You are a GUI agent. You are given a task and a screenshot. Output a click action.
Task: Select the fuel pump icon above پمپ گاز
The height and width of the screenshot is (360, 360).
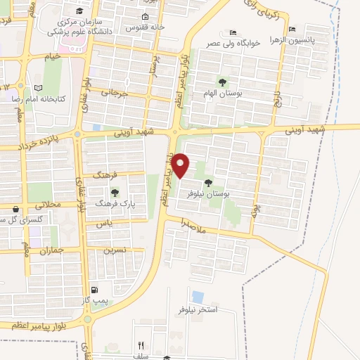[94, 290]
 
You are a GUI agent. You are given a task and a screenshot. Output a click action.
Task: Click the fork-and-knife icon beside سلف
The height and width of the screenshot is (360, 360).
[141, 345]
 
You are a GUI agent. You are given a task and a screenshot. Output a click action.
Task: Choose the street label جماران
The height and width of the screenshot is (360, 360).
[52, 250]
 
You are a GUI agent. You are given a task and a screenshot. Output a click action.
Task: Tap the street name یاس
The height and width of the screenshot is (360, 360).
[104, 224]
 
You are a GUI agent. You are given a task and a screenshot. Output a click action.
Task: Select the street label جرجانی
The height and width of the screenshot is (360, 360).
[115, 92]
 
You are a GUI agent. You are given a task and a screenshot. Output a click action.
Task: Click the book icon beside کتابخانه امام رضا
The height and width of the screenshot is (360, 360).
[38, 88]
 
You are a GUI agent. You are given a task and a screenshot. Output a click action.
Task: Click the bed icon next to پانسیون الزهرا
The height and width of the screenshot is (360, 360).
[291, 30]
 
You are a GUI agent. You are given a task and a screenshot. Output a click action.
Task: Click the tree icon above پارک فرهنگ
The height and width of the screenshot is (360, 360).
[115, 192]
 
